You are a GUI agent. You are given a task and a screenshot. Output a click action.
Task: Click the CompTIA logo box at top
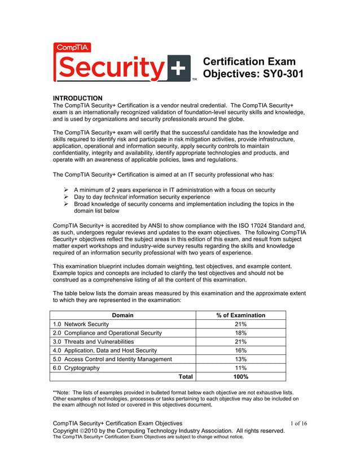pos(72,48)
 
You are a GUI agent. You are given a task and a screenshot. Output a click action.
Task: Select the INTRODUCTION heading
pos(77,98)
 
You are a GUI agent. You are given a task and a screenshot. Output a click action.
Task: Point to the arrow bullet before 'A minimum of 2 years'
pos(67,190)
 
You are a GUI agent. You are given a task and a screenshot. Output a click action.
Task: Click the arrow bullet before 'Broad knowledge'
pos(67,204)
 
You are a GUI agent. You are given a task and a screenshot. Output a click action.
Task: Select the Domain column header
pos(123,315)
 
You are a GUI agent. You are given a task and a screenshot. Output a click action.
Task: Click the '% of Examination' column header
pos(240,315)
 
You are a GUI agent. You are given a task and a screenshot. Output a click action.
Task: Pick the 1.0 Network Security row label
pos(81,324)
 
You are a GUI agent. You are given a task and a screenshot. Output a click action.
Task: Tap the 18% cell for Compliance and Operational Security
pos(240,333)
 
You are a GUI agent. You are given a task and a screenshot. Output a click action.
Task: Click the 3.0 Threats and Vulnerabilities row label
pos(93,342)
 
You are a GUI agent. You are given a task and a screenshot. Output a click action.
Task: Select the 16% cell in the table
pos(240,350)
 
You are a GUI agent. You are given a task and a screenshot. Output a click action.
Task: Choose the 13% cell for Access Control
pos(240,359)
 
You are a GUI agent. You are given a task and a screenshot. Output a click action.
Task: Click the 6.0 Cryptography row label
pos(76,368)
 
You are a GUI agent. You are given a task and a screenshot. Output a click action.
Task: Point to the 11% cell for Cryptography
pos(240,368)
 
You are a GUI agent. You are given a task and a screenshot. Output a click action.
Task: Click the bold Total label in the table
pos(186,377)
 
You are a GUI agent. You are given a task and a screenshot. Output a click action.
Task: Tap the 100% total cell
pos(240,377)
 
